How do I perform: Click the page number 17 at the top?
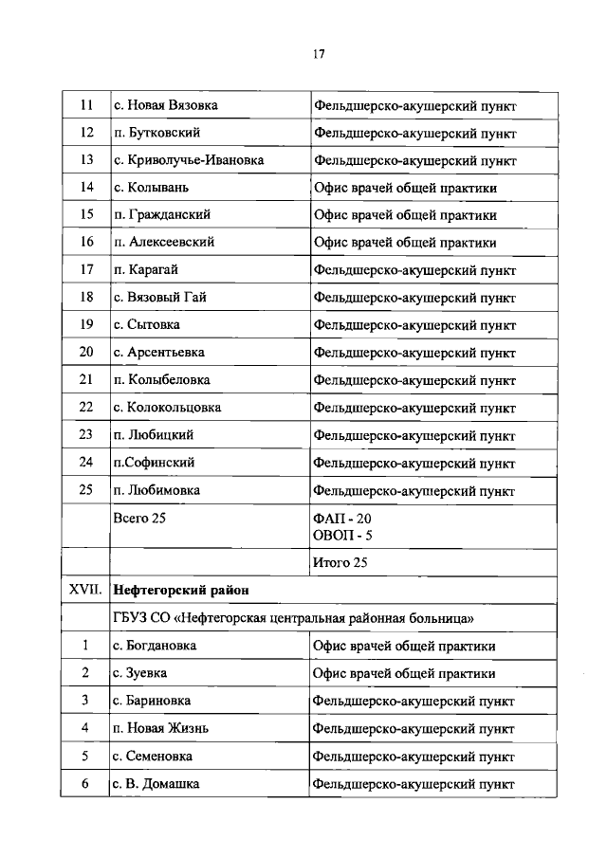click(x=319, y=54)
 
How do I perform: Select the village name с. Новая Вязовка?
click(x=165, y=106)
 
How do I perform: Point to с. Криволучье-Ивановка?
click(x=188, y=160)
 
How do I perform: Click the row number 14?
click(x=86, y=188)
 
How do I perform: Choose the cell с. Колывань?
click(x=153, y=188)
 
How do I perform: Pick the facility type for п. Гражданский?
click(x=405, y=215)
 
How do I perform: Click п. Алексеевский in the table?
click(x=163, y=242)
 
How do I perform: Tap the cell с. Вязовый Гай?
click(x=158, y=297)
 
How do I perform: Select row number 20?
click(x=86, y=352)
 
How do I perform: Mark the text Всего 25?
click(x=139, y=518)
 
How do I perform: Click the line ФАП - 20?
click(x=342, y=519)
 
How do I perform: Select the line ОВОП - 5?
click(x=343, y=537)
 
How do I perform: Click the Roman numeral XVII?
click(x=85, y=590)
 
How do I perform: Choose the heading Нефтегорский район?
click(x=180, y=590)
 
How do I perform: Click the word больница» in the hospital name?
click(x=442, y=618)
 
